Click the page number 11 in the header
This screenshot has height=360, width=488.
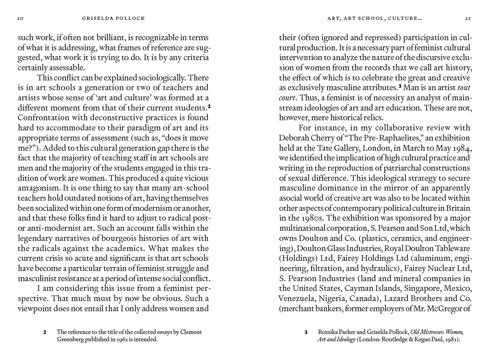468,18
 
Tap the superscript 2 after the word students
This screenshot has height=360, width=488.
209,107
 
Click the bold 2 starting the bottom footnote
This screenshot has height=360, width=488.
45,332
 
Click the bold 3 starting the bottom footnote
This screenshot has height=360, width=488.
306,332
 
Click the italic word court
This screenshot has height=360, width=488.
287,98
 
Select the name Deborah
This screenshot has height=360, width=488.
293,138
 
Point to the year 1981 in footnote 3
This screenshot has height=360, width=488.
451,339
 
